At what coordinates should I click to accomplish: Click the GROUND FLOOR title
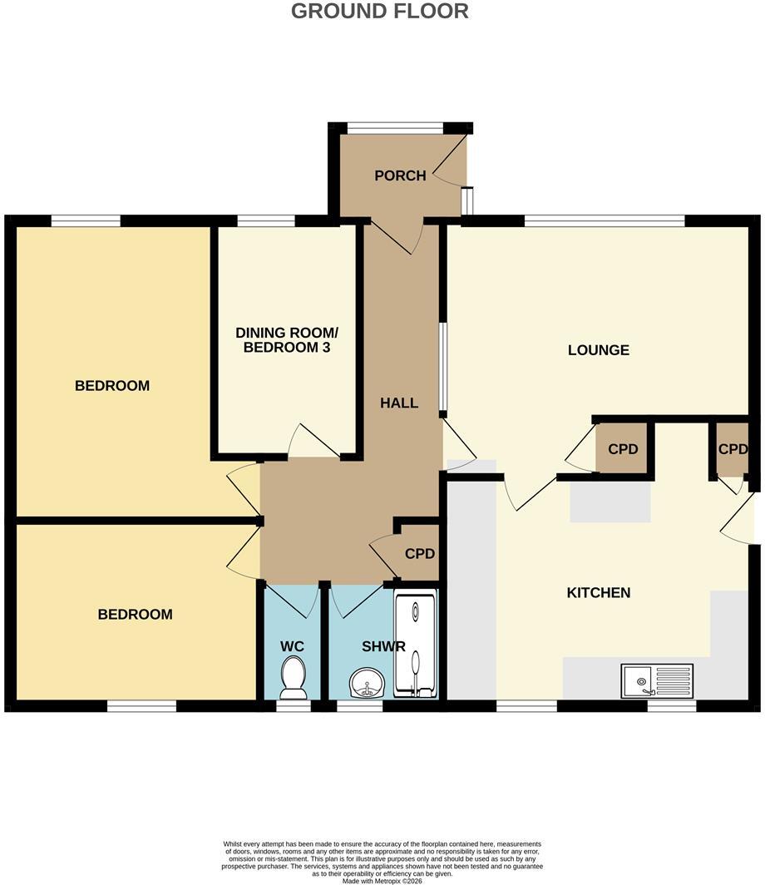tap(380, 12)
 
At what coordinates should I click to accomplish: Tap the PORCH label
tap(400, 176)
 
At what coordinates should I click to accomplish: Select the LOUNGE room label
tap(598, 350)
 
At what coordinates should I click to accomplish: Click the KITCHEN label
tap(598, 592)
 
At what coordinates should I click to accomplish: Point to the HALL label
tap(399, 403)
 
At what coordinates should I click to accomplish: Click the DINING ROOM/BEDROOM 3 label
tap(287, 339)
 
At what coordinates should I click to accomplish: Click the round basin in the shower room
tap(368, 682)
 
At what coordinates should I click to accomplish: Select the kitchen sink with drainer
tap(657, 680)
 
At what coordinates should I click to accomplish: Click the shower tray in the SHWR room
tap(416, 644)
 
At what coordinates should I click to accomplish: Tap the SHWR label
tap(383, 647)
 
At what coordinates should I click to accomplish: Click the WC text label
tap(292, 647)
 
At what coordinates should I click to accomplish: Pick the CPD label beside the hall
tap(420, 554)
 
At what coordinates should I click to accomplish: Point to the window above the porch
tap(396, 129)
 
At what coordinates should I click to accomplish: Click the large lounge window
tap(605, 220)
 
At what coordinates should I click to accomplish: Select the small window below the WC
tap(294, 705)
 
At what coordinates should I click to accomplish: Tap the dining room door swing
tap(313, 440)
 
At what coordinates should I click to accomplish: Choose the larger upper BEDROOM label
tap(112, 386)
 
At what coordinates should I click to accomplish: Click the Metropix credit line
tap(382, 881)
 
